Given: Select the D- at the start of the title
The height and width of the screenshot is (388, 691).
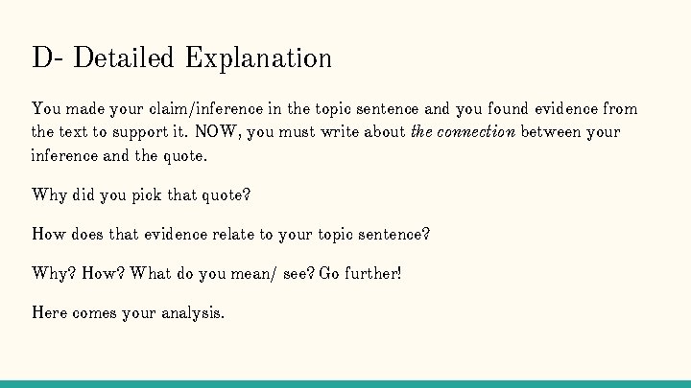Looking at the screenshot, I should point(47,58).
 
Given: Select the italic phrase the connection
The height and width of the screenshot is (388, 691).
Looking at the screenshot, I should point(463,132).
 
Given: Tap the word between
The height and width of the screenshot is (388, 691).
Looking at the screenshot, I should point(552,132).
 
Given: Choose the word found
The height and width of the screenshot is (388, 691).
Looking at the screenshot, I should point(488,109).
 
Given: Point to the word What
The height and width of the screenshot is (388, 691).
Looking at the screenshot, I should point(150,273).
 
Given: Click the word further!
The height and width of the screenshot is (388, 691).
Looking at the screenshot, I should point(372,273).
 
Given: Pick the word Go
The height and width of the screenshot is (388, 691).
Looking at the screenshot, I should point(328,273).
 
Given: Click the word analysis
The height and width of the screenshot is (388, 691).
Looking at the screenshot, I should point(192,312).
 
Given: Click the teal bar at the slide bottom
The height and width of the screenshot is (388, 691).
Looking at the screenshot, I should point(345,384).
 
